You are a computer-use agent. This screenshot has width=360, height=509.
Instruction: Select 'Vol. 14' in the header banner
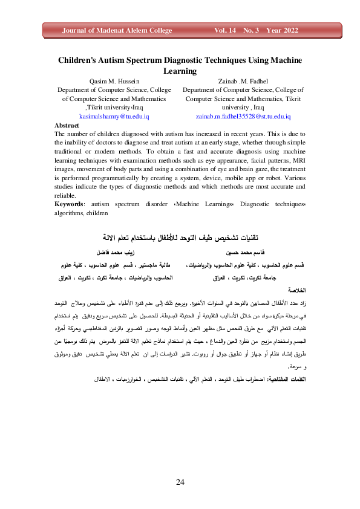pyautogui.click(x=227, y=30)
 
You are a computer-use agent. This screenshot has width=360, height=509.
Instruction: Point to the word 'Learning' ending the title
pyautogui.click(x=180, y=71)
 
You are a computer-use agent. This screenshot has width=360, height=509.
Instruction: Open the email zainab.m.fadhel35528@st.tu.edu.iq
pyautogui.click(x=243, y=115)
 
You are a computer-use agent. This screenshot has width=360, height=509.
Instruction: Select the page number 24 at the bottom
pyautogui.click(x=180, y=481)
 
